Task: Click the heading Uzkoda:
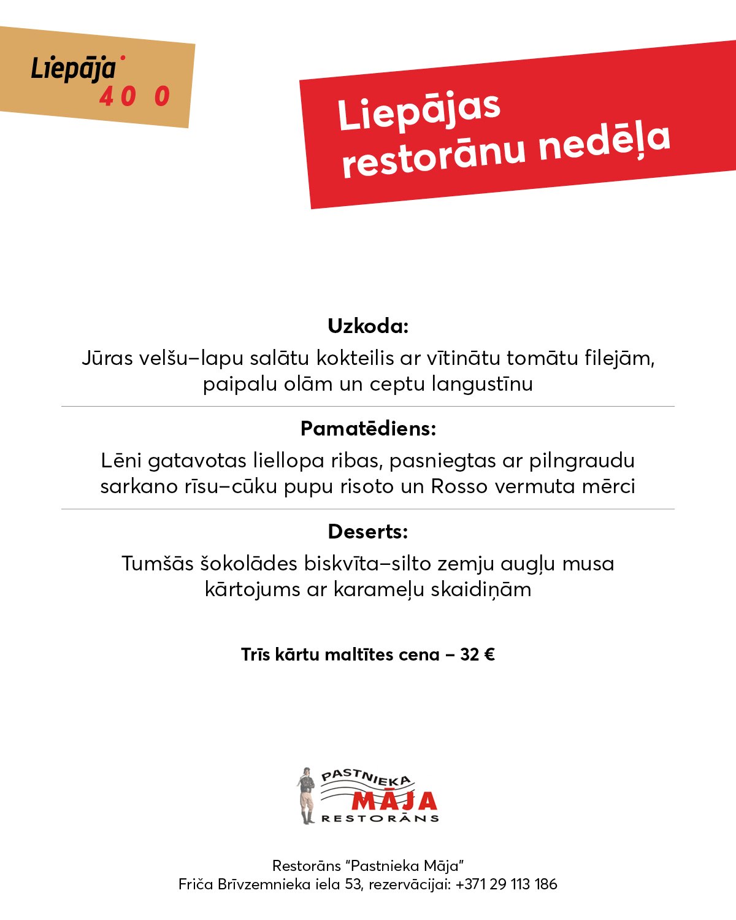click(368, 326)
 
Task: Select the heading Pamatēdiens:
click(368, 428)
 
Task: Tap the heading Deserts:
click(368, 531)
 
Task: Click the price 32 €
click(477, 654)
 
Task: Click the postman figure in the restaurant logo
click(306, 795)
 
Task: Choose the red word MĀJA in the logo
click(394, 800)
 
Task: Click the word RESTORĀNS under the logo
click(380, 818)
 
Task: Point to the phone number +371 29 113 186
click(507, 884)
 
